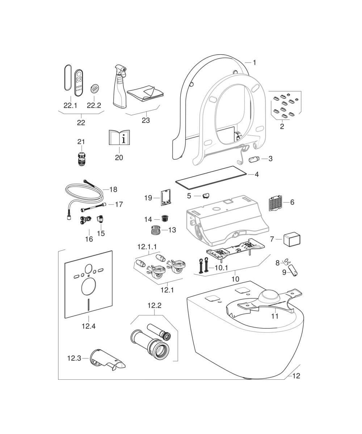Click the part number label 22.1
(70, 105)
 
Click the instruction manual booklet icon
(119, 138)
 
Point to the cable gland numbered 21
(81, 159)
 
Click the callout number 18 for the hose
(113, 190)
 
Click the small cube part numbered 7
(292, 239)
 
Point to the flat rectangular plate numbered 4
(211, 177)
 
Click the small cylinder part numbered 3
(254, 159)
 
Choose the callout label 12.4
(88, 326)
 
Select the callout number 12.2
(154, 305)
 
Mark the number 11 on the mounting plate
(275, 316)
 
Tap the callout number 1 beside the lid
(254, 63)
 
